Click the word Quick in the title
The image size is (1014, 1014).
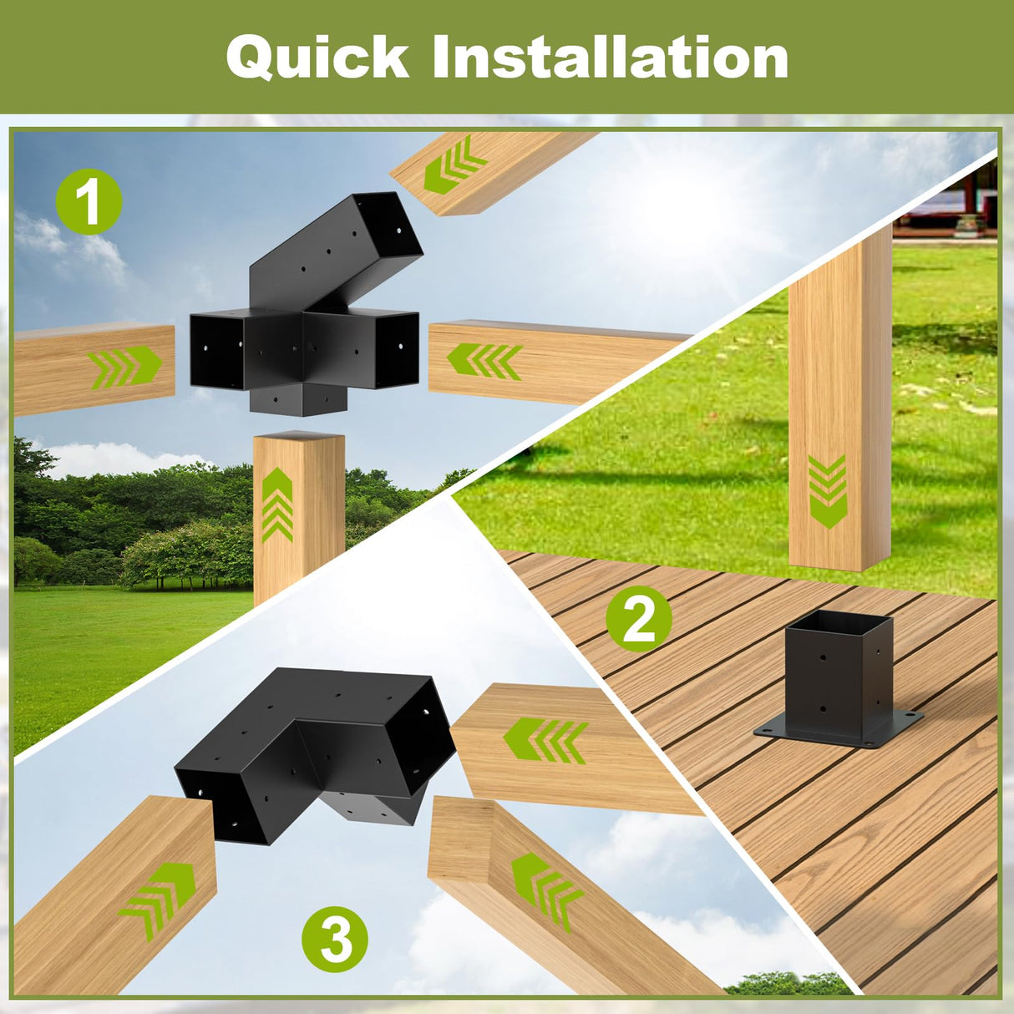(x=317, y=58)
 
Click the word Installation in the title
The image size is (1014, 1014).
(x=611, y=58)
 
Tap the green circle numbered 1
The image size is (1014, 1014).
(x=89, y=201)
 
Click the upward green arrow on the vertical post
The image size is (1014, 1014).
(x=277, y=505)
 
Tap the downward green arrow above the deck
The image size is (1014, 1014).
(x=828, y=491)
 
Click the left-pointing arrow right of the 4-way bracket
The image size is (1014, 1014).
(x=484, y=362)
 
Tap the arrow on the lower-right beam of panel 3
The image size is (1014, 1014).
(x=545, y=890)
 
